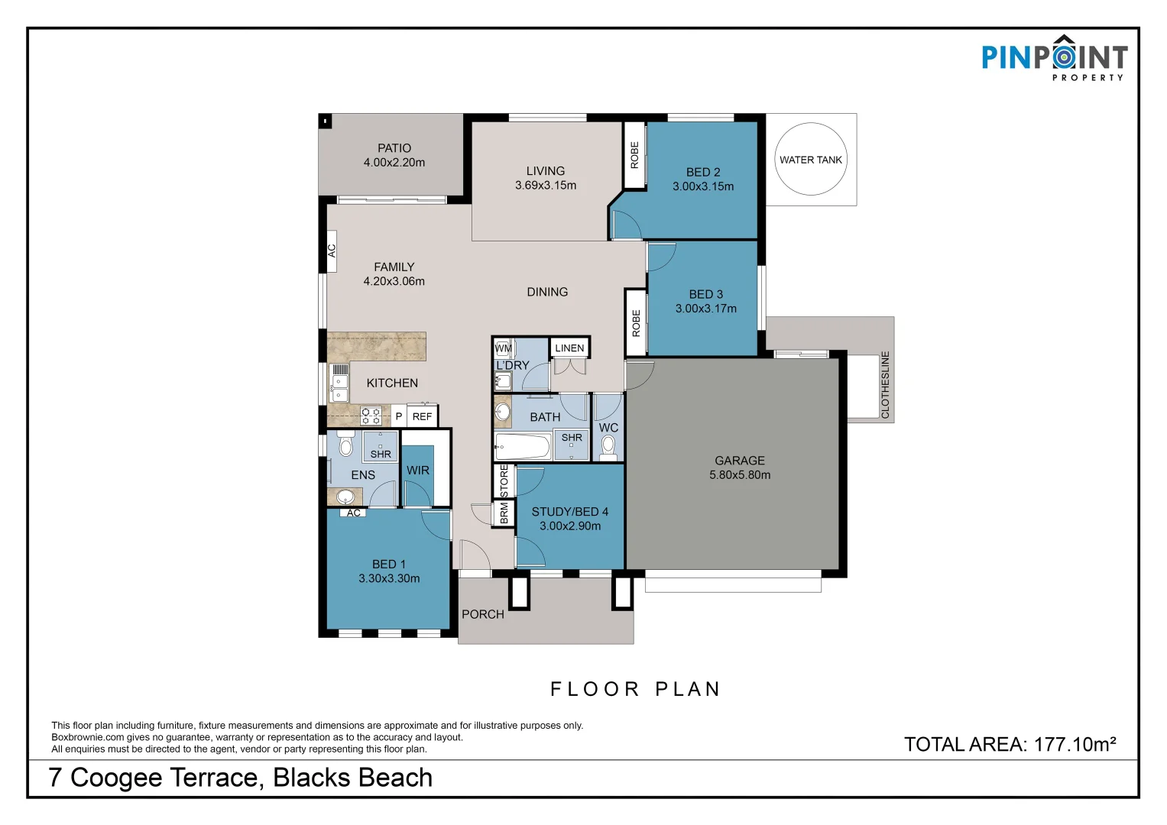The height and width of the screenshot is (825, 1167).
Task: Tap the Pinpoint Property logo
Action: [1055, 58]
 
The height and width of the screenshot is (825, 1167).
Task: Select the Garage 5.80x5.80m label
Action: [740, 467]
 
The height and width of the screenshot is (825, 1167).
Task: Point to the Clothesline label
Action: [885, 385]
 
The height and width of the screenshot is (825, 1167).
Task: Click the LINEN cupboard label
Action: [569, 348]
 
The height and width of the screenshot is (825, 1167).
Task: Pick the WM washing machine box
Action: [504, 348]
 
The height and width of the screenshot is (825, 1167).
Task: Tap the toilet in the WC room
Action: [608, 448]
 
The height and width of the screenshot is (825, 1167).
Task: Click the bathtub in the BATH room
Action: [523, 447]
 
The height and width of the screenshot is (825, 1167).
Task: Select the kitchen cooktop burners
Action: [371, 416]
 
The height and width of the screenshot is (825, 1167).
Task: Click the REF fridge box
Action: [422, 416]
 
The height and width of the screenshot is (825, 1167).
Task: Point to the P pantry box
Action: [398, 416]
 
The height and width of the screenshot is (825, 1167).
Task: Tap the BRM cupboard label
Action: [504, 513]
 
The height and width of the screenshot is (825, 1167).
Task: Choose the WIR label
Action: [418, 471]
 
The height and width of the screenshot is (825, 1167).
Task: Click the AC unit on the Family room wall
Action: [332, 251]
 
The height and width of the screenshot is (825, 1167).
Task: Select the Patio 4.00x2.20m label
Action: [394, 155]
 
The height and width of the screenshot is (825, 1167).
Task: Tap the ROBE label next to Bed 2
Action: [634, 155]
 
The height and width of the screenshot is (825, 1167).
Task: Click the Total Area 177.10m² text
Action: [1010, 744]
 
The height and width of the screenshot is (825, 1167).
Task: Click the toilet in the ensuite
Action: [345, 444]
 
